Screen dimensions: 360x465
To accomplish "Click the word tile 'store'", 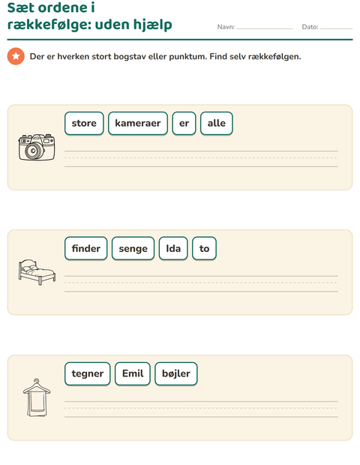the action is pos(84,123).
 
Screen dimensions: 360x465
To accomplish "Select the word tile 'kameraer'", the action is pos(138,123).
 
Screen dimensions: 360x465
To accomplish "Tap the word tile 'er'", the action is pos(184,123).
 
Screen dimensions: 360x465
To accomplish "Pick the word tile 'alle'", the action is pos(217,123).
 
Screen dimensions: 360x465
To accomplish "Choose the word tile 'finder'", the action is pos(86,248).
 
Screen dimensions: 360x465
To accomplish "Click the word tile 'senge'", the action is pos(133,248).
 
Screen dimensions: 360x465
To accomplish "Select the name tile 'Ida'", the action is pos(173,248).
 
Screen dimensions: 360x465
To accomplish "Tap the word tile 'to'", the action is pos(204,248).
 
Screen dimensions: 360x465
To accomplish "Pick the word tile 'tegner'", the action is pos(88,373).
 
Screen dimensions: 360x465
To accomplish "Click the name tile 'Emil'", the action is pos(133,373).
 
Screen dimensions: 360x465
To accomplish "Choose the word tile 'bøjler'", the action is pos(176,373).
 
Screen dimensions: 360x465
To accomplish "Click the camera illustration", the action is pos(37,148).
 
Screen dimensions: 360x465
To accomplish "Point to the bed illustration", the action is pos(37,272).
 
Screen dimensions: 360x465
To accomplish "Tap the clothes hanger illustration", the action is pos(37,397).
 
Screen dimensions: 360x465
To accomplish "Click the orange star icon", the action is pos(16,56).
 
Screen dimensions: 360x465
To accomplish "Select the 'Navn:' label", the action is pos(226,27).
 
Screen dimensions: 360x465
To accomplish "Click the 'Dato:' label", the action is pos(310,27).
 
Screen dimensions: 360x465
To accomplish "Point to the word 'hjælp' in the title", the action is pos(153,25).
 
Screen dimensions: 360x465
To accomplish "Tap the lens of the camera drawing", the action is pos(34,151).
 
